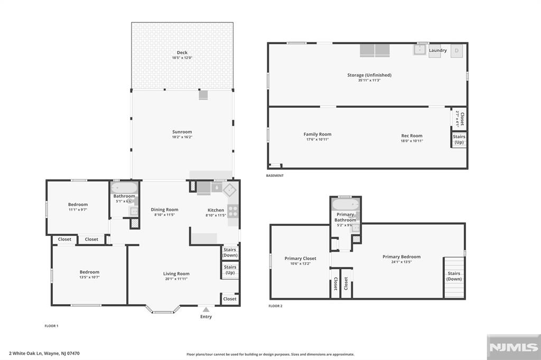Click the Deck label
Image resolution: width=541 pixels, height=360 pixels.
pos(182,52)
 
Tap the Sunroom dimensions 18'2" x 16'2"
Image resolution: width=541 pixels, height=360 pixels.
pos(182,137)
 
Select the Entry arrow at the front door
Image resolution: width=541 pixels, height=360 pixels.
pos(206,309)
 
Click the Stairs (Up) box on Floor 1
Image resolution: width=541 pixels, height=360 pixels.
pos(230,270)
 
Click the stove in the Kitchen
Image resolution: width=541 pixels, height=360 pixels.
pos(232,211)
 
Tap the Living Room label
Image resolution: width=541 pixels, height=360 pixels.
pos(176,273)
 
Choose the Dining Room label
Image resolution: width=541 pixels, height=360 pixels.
pos(164,210)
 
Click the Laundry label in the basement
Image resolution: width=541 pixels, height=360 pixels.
pos(437,51)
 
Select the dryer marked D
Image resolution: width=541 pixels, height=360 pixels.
pos(457,51)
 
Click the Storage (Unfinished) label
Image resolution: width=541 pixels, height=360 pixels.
pos(369,75)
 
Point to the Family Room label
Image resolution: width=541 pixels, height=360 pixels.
pos(317,134)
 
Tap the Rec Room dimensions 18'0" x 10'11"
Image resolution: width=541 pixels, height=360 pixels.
pos(412,140)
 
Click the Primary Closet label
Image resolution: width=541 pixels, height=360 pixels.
pos(300,258)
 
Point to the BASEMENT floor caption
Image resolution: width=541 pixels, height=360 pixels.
pos(275,175)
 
